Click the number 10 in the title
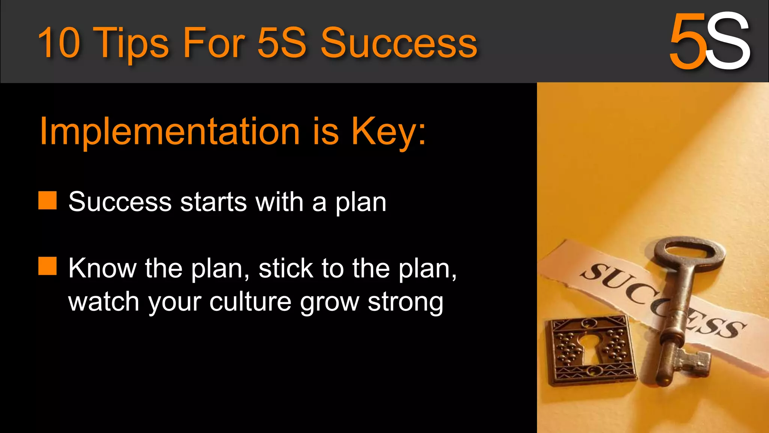59,42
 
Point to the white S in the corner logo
728,41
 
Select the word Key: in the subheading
389,132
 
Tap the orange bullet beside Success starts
48,200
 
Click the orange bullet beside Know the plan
48,266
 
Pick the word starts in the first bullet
213,202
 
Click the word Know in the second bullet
102,268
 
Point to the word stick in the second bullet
286,268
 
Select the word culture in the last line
250,301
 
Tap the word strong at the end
406,302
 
